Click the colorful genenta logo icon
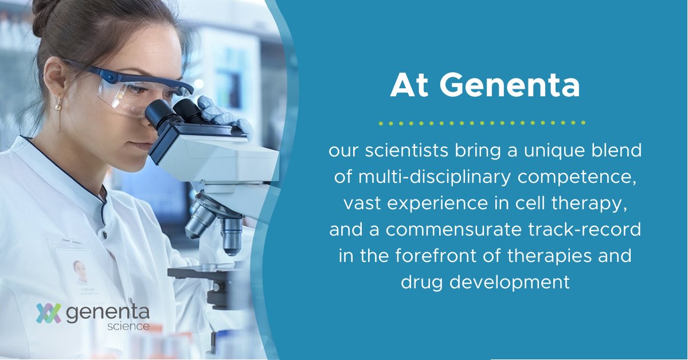click(49, 313)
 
